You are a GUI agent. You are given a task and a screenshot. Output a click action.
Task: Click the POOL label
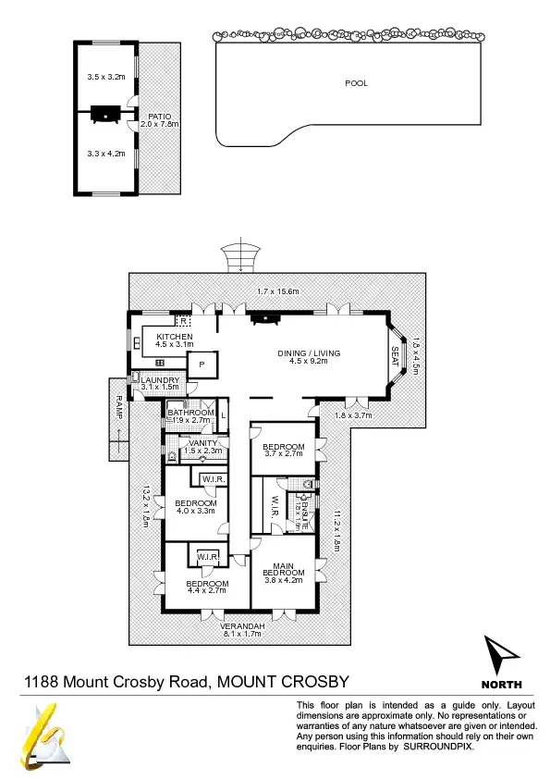point(356,83)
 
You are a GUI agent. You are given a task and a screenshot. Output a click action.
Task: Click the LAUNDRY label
point(160,382)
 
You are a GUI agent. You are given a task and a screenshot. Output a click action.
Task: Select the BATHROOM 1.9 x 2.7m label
point(190,416)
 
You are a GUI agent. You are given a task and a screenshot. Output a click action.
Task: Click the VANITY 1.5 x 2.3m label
point(202,447)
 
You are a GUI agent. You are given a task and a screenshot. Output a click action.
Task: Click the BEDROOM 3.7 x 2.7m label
point(285,448)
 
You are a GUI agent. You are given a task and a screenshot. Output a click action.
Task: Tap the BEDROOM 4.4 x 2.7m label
point(206,587)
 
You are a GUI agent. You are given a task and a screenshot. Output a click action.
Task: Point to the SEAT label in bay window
point(395,355)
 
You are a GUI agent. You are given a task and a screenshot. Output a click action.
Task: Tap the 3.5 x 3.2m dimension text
point(104,77)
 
